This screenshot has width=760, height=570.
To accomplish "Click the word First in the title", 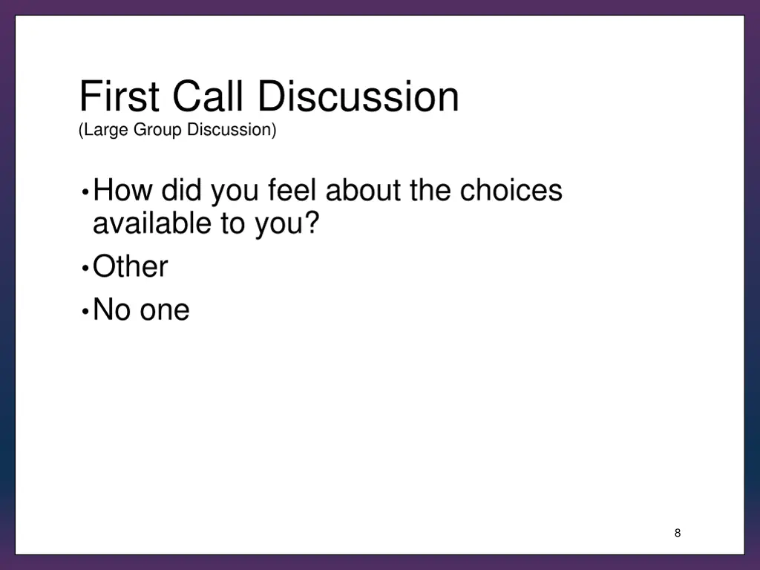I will (x=119, y=97).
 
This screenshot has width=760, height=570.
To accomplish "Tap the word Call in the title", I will (x=210, y=97).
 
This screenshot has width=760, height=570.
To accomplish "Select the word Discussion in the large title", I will (x=358, y=97).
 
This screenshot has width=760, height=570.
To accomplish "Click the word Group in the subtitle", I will (x=158, y=130).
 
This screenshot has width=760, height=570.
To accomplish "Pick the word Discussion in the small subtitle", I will (x=231, y=130).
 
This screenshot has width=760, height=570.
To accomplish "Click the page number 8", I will (x=678, y=533).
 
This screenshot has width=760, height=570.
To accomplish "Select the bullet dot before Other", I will (x=86, y=268).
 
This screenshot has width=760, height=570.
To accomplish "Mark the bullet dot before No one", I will (x=86, y=311).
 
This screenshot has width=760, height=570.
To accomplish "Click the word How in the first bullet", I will (x=123, y=191).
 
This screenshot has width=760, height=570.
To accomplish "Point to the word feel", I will (x=293, y=191).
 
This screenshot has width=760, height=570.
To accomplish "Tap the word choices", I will (x=511, y=191).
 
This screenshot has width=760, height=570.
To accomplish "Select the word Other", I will (x=131, y=267).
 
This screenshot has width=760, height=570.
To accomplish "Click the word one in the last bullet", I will (x=165, y=310).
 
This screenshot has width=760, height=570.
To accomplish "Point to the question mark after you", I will (x=311, y=223).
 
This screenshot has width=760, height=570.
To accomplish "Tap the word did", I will (x=183, y=191).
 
